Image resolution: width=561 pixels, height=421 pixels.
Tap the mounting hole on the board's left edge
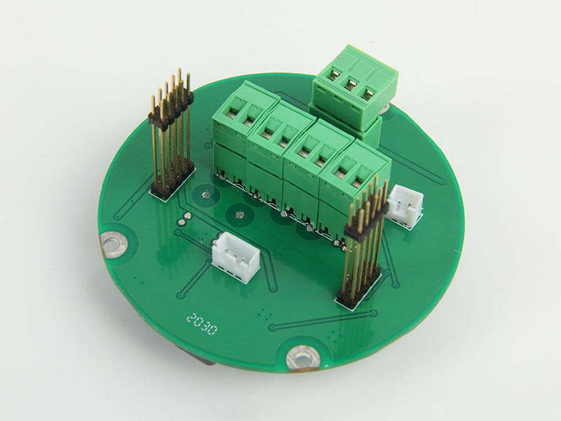click(114, 245)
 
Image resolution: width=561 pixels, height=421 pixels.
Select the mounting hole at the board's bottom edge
click(303, 357)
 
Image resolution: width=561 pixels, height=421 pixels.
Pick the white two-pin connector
click(405, 205)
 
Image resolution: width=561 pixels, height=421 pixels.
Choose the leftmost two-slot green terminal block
click(243, 128)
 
